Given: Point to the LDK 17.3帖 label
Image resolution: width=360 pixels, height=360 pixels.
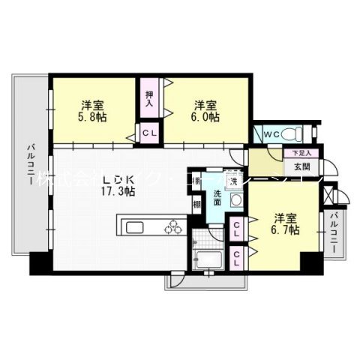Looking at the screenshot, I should [118, 186].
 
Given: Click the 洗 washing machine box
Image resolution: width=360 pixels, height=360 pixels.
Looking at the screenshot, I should [233, 182].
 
